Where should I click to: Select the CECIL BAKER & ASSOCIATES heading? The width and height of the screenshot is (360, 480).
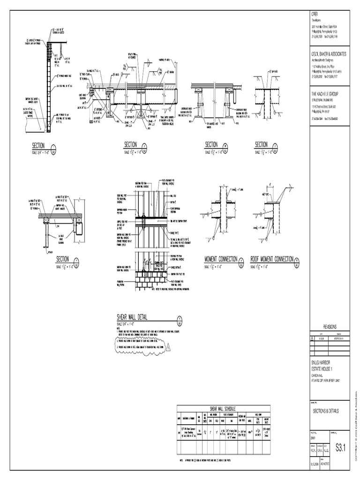click(x=329, y=54)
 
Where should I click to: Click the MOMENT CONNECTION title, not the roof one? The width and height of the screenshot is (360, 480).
click(x=221, y=260)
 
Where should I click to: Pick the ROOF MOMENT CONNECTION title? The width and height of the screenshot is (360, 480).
click(x=272, y=259)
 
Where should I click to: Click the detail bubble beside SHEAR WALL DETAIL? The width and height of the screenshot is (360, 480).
click(x=180, y=321)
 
